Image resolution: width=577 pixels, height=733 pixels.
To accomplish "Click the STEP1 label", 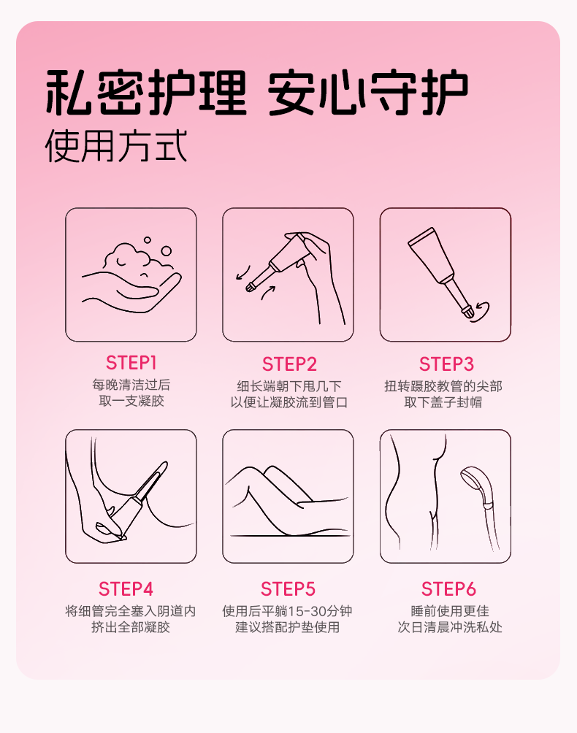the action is tap(131, 363).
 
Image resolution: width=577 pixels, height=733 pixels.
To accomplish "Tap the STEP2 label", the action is tap(289, 364).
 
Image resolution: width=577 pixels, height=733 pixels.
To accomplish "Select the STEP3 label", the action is tap(446, 364).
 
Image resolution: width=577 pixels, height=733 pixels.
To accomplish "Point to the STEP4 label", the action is tap(126, 589).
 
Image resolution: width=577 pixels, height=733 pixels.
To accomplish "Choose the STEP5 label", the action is tap(288, 589).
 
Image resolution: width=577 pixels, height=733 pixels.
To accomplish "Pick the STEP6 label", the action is tap(448, 589).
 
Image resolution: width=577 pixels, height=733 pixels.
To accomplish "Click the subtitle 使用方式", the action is tap(116, 146).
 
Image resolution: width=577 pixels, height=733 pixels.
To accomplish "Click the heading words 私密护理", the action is tap(146, 92).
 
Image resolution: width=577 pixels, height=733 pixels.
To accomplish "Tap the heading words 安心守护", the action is tap(368, 92).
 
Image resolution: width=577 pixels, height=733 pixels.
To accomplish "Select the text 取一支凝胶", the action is tap(131, 401).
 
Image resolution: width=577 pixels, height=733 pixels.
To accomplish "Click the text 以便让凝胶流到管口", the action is tap(289, 402).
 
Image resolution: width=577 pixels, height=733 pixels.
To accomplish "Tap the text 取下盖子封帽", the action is tap(443, 402).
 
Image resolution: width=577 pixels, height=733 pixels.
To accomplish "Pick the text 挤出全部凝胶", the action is tap(131, 627).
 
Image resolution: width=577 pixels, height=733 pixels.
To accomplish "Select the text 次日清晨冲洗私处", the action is tap(450, 627).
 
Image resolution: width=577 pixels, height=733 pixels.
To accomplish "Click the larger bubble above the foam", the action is tap(166, 251).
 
